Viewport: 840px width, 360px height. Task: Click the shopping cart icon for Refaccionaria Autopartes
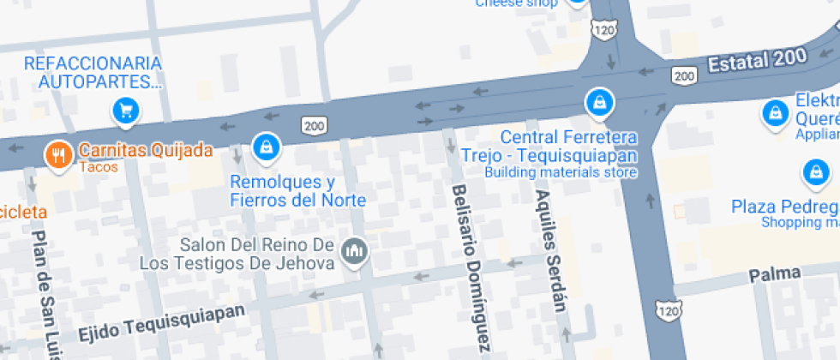(126, 111)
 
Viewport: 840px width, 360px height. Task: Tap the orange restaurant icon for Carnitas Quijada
(58, 154)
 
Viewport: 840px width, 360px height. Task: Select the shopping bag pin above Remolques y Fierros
(267, 147)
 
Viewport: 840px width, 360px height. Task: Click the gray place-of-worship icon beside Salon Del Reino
(353, 252)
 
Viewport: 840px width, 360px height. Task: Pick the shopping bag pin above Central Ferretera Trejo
(599, 103)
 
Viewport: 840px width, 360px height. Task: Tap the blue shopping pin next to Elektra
(776, 112)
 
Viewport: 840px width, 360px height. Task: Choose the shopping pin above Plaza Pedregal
(815, 173)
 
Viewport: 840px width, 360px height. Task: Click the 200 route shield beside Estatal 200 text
(683, 77)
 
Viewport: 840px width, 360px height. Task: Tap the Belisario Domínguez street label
(471, 268)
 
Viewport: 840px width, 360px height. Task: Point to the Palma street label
(774, 274)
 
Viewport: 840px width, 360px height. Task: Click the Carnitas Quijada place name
(145, 151)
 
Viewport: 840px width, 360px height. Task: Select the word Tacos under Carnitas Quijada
(99, 167)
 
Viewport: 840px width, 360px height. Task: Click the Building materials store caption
(561, 172)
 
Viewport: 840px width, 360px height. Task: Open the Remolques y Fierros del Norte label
(297, 191)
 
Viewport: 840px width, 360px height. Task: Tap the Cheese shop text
(516, 3)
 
